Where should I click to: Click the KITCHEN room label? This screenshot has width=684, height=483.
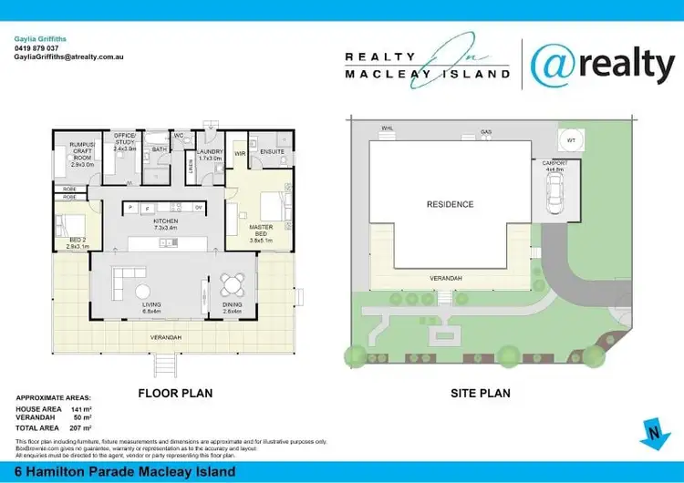tap(165, 221)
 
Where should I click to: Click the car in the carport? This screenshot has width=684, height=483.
tap(554, 193)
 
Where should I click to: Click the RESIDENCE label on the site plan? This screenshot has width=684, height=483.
tap(451, 204)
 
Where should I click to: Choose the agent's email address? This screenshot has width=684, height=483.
tap(68, 57)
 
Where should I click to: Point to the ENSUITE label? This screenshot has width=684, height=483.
tap(273, 151)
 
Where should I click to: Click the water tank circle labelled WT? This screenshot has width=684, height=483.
tap(571, 141)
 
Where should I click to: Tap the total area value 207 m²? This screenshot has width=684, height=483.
tap(82, 426)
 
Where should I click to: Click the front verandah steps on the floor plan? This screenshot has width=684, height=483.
tap(165, 364)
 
